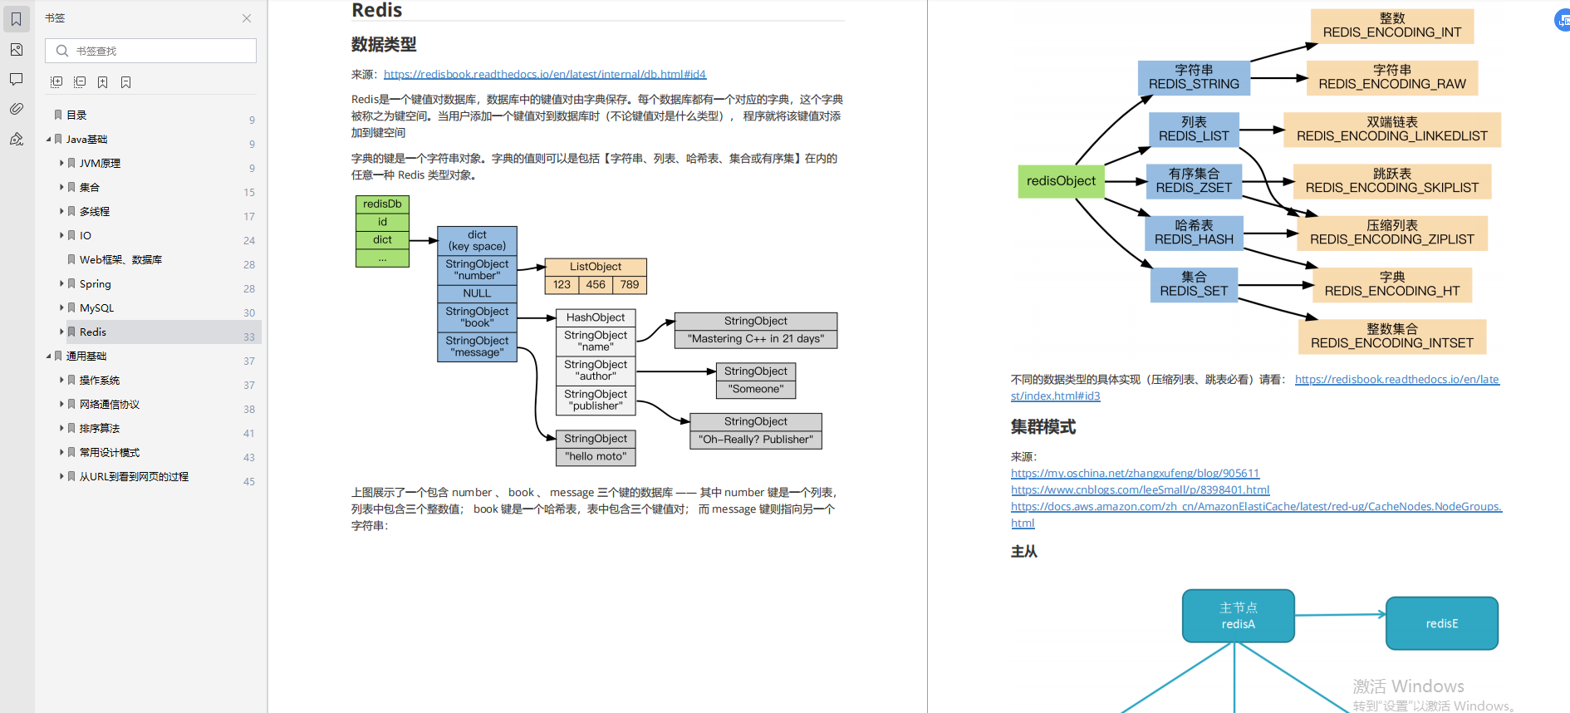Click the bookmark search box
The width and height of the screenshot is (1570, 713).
pyautogui.click(x=158, y=51)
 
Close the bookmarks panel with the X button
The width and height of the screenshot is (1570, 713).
pyautogui.click(x=247, y=18)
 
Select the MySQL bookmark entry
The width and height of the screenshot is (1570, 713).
pyautogui.click(x=96, y=308)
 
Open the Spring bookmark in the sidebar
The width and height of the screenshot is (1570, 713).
pyautogui.click(x=95, y=284)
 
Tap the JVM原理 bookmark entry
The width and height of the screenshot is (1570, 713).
pyautogui.click(x=100, y=164)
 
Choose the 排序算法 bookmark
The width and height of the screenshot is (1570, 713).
pyautogui.click(x=100, y=429)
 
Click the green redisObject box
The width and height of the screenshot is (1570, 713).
pyautogui.click(x=1061, y=181)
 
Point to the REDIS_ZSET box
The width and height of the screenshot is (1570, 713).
pyautogui.click(x=1194, y=181)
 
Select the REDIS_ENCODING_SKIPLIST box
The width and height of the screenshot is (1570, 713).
pyautogui.click(x=1391, y=181)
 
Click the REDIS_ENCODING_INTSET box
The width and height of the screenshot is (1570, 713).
pyautogui.click(x=1391, y=337)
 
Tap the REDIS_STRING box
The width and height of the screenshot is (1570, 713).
pyautogui.click(x=1194, y=77)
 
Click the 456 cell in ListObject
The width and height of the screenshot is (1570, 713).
pyautogui.click(x=596, y=285)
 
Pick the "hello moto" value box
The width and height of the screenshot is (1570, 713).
pyautogui.click(x=596, y=457)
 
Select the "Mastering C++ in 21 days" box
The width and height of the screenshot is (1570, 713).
pyautogui.click(x=755, y=339)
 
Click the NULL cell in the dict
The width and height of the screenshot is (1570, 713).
pyautogui.click(x=477, y=293)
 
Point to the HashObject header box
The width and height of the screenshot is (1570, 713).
pyautogui.click(x=596, y=318)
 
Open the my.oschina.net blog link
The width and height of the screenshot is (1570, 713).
pyautogui.click(x=1135, y=474)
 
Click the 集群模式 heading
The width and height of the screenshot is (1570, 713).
pyautogui.click(x=1043, y=427)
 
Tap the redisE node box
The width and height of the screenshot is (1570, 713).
pyautogui.click(x=1441, y=623)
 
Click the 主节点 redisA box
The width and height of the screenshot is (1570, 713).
pyautogui.click(x=1238, y=616)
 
